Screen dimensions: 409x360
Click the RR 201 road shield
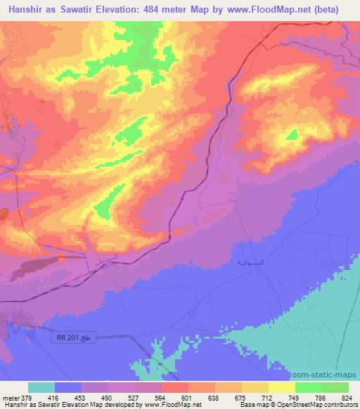[73, 338]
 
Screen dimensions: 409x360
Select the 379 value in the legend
[27, 398]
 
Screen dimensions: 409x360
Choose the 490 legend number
[108, 398]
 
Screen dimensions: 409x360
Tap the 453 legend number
[81, 398]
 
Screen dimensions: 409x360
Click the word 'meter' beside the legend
[10, 398]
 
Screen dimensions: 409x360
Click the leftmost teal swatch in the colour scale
[41, 387]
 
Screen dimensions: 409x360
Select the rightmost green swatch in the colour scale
[335, 387]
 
